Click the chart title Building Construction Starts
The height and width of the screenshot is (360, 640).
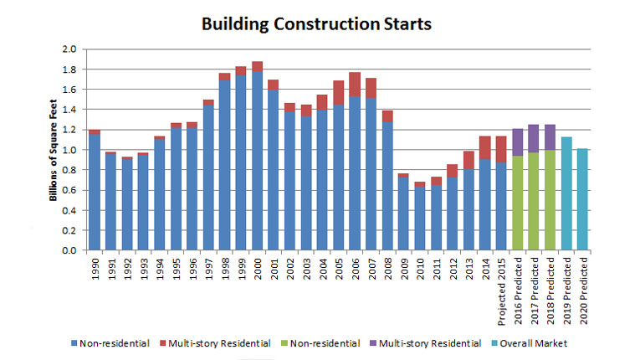[x=316, y=23]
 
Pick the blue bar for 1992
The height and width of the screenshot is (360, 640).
[x=126, y=204]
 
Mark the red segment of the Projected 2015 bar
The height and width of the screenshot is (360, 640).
[x=500, y=149]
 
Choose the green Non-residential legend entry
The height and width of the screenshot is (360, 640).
[x=320, y=343]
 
